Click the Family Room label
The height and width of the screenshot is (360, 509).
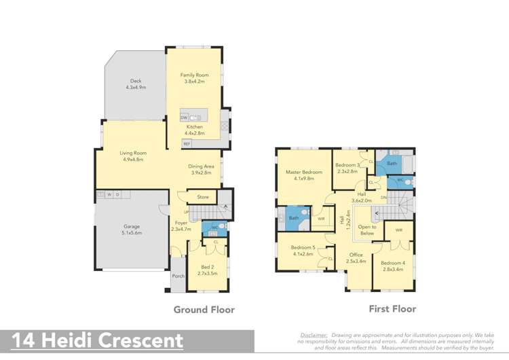coord(194,75)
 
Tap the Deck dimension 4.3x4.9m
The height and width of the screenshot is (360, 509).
coord(136,88)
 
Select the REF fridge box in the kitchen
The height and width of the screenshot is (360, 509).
coord(187,143)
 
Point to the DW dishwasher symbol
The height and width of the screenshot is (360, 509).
coord(184,118)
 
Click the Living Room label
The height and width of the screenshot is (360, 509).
coord(134,153)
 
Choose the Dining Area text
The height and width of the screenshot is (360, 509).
coord(201,166)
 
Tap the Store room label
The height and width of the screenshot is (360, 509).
coord(203,197)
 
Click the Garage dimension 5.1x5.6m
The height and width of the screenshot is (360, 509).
coord(132,233)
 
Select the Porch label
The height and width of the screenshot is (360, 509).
coord(178,276)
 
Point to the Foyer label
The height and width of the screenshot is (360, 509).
coord(181,222)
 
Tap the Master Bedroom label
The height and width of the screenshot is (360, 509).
coord(303,172)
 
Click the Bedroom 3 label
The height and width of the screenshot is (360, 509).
coord(347,165)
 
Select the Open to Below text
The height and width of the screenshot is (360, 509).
coord(367,230)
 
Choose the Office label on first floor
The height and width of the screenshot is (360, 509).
coord(356,255)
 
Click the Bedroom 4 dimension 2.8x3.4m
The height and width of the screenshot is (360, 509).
coord(392,269)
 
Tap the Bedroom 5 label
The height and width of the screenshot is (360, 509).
coord(302,247)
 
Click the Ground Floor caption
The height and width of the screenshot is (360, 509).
coord(204,309)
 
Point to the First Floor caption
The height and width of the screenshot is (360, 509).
coord(392,308)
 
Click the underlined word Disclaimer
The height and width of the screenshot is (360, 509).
coord(314,335)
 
